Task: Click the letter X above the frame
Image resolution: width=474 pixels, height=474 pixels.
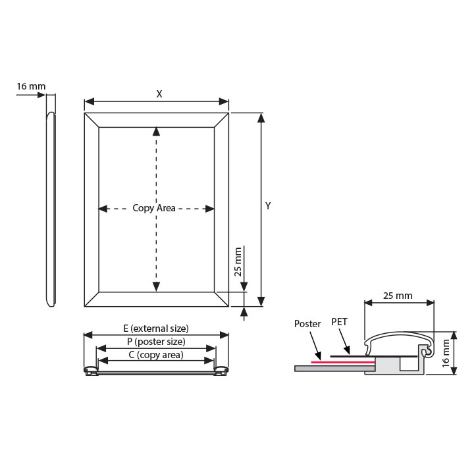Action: (x=159, y=94)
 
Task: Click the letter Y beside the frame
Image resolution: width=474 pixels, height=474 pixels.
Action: (x=268, y=206)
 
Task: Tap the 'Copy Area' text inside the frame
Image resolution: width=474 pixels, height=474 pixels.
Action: (x=154, y=208)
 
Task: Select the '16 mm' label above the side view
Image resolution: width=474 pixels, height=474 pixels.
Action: (x=31, y=86)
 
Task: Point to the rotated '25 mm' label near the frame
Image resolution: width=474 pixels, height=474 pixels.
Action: (x=238, y=262)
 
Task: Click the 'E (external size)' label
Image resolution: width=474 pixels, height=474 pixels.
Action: (x=156, y=329)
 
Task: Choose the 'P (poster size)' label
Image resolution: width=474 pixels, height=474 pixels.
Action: (x=156, y=342)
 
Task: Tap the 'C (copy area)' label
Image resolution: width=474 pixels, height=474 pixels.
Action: (x=156, y=355)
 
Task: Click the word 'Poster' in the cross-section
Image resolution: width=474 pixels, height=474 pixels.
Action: (x=307, y=324)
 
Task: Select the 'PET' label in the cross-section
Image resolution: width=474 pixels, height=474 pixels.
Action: (x=340, y=322)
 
